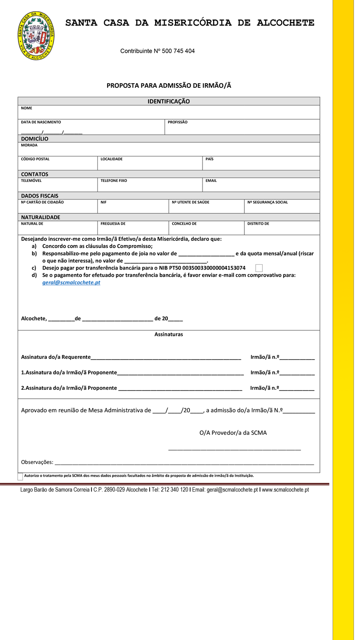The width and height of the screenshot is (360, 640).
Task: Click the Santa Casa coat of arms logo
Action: coord(36,36)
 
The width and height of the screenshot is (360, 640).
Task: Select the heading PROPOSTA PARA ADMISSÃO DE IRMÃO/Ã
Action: coord(169,86)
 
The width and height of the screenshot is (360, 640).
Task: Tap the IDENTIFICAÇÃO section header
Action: coord(169,102)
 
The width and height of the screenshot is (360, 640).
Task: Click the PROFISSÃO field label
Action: coord(177,122)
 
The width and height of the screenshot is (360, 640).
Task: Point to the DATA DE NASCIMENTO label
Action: coord(41,122)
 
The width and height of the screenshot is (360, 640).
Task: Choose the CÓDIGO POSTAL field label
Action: coord(35,159)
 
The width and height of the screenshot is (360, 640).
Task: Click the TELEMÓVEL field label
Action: coord(31,181)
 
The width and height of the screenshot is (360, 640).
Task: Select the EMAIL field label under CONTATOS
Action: coord(211,181)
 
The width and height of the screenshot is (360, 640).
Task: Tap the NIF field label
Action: coord(103,203)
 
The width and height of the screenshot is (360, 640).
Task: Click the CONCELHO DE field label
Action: coord(184,224)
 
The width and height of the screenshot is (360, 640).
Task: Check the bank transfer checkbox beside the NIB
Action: coord(259,268)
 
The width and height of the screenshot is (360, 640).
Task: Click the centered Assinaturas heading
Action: coord(169,335)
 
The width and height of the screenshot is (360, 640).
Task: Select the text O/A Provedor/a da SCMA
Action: coord(233,433)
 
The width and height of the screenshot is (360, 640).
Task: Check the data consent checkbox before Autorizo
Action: coord(20,476)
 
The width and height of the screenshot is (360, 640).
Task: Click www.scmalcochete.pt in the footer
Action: coord(285,490)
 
